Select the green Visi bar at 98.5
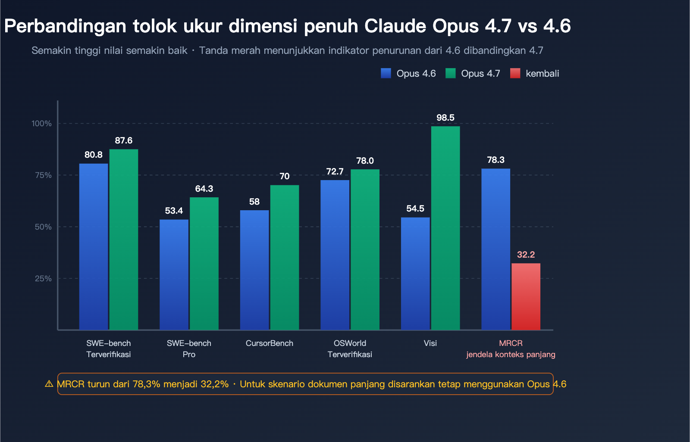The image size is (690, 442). (x=445, y=228)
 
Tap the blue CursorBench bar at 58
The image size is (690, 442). (x=254, y=270)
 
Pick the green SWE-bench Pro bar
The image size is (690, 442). (x=204, y=264)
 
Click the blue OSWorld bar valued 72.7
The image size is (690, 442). (x=335, y=255)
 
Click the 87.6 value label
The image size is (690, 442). (x=123, y=140)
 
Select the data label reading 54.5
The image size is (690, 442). (x=415, y=209)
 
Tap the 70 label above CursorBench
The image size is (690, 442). (x=284, y=176)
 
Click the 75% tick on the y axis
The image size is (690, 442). (x=43, y=175)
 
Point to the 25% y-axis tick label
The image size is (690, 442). (x=43, y=279)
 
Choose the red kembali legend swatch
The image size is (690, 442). (x=515, y=73)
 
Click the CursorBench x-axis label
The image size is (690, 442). (x=269, y=343)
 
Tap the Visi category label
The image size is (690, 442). (x=430, y=343)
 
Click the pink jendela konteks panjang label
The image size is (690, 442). (x=511, y=355)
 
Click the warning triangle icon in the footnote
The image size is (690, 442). (x=49, y=384)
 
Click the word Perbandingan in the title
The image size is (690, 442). (x=65, y=26)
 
